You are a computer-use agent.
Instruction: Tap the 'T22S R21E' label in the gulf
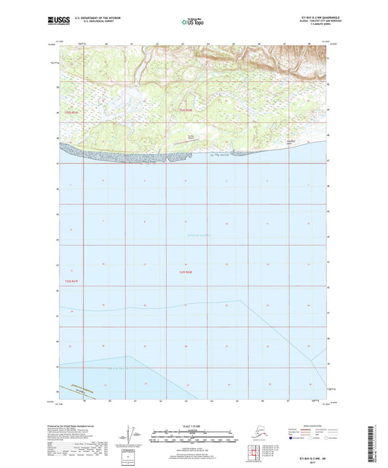pyautogui.click(x=186, y=272)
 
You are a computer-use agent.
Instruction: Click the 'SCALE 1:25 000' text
pyautogui.click(x=193, y=424)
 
